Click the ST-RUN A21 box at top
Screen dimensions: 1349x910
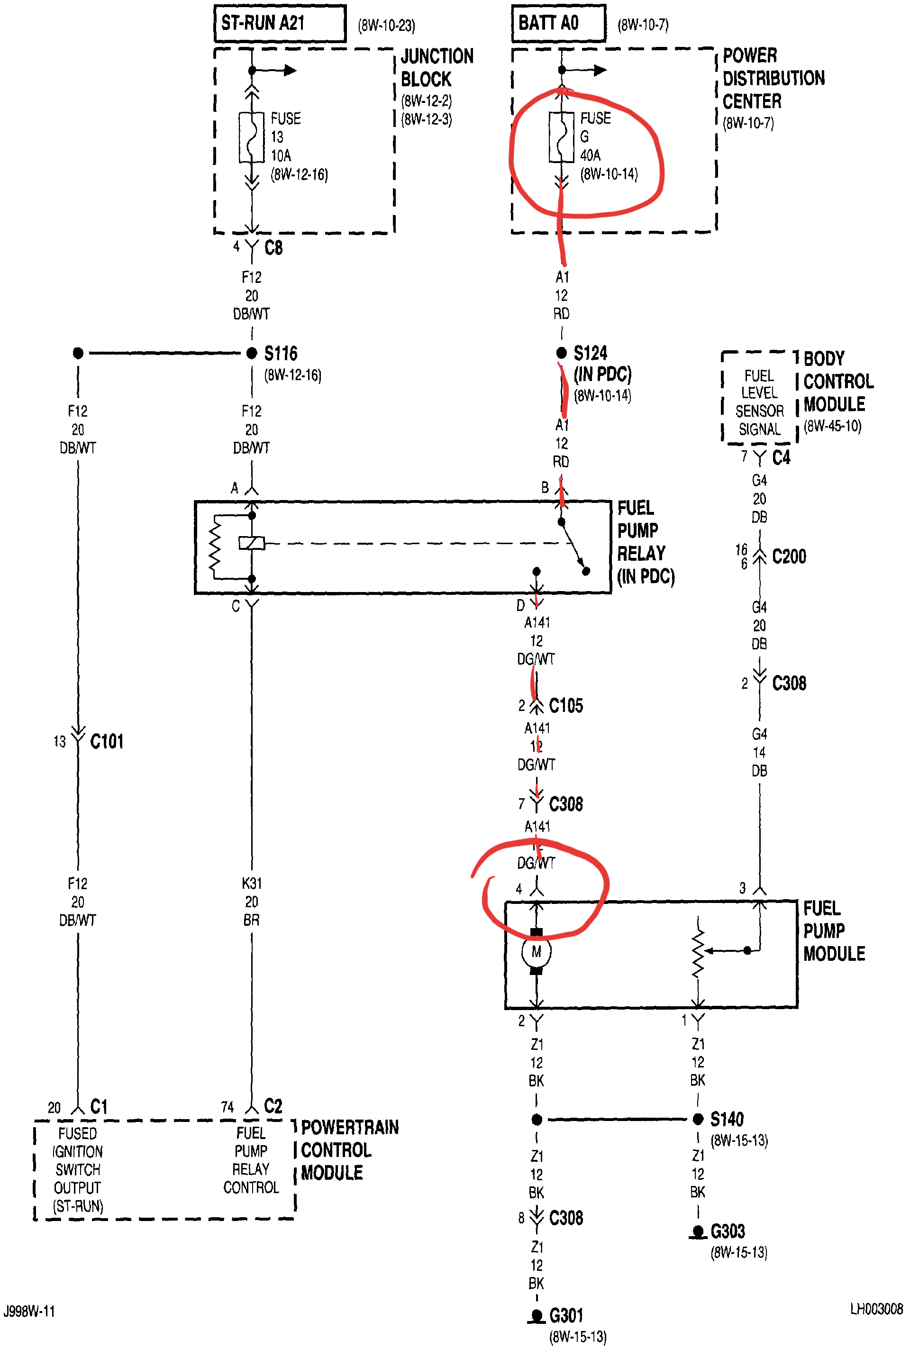coord(280,23)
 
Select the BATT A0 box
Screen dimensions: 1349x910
coord(558,23)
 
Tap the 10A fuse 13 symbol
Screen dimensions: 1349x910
coord(252,137)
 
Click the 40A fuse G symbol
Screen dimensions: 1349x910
coord(561,137)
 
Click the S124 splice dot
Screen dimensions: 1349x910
coord(561,353)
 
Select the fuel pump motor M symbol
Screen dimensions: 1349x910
coord(536,952)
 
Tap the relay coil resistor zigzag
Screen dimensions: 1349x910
coord(215,546)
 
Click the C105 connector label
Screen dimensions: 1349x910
coord(566,706)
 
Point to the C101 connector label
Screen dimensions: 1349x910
coord(107,742)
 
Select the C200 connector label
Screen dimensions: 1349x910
coord(789,556)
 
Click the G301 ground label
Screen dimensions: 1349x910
coord(566,1315)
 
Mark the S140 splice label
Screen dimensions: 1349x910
coord(727,1119)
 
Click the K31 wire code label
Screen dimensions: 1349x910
coord(252,884)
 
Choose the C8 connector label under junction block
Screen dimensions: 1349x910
coord(273,248)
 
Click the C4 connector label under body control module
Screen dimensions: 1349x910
coord(781,458)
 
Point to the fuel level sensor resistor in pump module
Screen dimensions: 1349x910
coord(698,951)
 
